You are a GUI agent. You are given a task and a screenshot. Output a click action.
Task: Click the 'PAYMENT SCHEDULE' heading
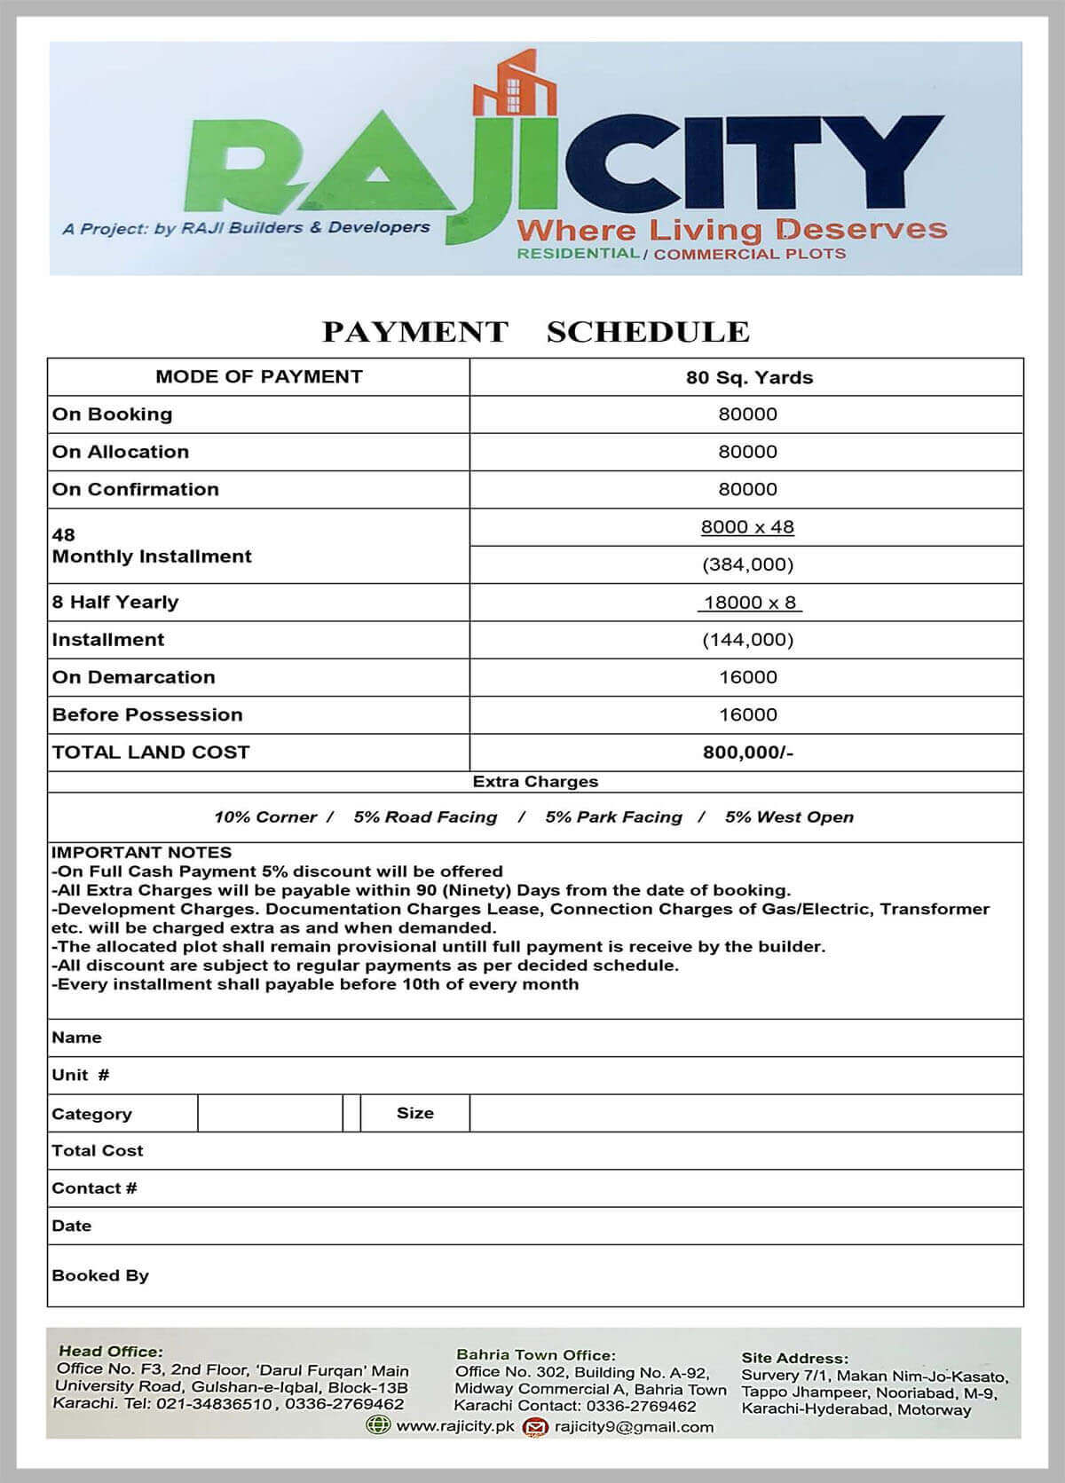coord(535,332)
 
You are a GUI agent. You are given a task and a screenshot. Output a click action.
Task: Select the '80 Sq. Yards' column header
coord(748,377)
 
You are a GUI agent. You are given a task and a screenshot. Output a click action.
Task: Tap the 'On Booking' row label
coord(113,414)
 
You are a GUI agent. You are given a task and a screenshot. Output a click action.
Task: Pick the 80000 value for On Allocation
coord(747,452)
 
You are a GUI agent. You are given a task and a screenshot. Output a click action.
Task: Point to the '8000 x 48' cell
coord(747,527)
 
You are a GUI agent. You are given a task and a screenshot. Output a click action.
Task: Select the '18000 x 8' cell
coord(749,603)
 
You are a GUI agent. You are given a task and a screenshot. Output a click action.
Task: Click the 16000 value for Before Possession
coord(747,715)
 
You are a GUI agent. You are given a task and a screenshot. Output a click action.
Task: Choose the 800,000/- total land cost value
coord(747,753)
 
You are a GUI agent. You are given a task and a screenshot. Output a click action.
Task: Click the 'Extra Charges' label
coord(535,782)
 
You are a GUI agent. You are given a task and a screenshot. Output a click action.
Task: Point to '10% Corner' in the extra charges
coord(265,817)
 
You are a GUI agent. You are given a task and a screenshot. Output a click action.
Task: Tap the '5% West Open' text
coord(789,817)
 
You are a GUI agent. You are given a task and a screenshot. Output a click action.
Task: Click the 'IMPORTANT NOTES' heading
coord(141,853)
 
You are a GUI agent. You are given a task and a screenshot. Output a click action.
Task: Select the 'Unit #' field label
coord(81,1076)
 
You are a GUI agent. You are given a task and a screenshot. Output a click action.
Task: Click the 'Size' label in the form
coord(414,1113)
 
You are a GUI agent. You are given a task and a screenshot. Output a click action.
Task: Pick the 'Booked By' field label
coord(100,1275)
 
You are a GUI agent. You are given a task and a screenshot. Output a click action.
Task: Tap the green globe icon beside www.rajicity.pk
coord(378,1425)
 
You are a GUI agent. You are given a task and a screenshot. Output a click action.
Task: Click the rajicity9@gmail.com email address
coord(634,1427)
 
